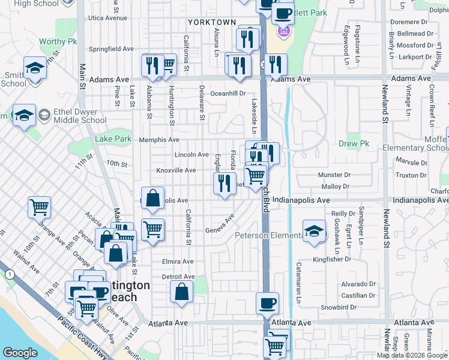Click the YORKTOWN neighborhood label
click(x=212, y=22)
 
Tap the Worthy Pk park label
click(x=58, y=42)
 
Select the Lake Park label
click(x=113, y=139)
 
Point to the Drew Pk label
click(x=354, y=144)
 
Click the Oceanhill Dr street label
click(x=228, y=94)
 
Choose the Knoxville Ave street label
click(x=176, y=170)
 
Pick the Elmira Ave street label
click(x=178, y=262)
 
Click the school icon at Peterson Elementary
click(x=314, y=232)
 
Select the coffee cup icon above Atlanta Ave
click(x=267, y=302)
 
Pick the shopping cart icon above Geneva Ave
click(x=152, y=229)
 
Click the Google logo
click(x=20, y=353)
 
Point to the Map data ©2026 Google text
click(x=412, y=355)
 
